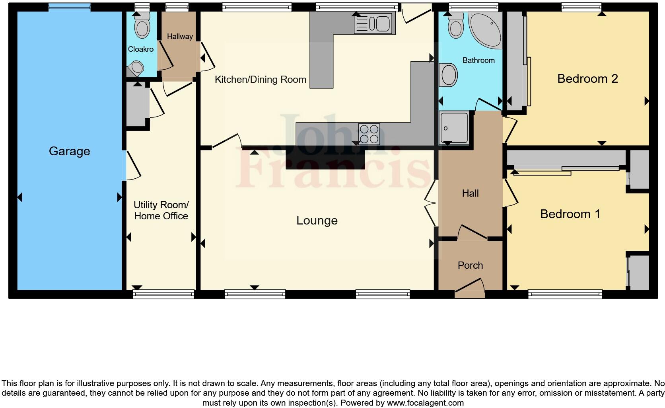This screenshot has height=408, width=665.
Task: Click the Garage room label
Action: pyautogui.click(x=69, y=151)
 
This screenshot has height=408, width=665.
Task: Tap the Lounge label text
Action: pyautogui.click(x=317, y=221)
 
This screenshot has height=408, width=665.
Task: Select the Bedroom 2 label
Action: pyautogui.click(x=587, y=79)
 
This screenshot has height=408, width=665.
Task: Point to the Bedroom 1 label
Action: pyautogui.click(x=570, y=214)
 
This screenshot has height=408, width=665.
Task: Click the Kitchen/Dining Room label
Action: pyautogui.click(x=260, y=80)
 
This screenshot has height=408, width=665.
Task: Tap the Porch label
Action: pyautogui.click(x=470, y=265)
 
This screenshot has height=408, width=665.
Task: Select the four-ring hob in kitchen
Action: pyautogui.click(x=369, y=134)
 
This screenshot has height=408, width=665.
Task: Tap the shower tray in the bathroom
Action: pyautogui.click(x=454, y=127)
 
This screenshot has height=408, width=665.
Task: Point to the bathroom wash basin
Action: pyautogui.click(x=449, y=75)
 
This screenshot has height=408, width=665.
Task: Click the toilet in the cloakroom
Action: pyautogui.click(x=142, y=26)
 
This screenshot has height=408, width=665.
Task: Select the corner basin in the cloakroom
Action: pyautogui.click(x=136, y=68)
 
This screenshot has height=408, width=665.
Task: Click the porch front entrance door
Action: pyautogui.click(x=470, y=290)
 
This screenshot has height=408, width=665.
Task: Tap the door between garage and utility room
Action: pyautogui.click(x=131, y=165)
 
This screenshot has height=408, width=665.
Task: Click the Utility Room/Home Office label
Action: pyautogui.click(x=161, y=211)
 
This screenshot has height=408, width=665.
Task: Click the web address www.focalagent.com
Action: pyautogui.click(x=425, y=403)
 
